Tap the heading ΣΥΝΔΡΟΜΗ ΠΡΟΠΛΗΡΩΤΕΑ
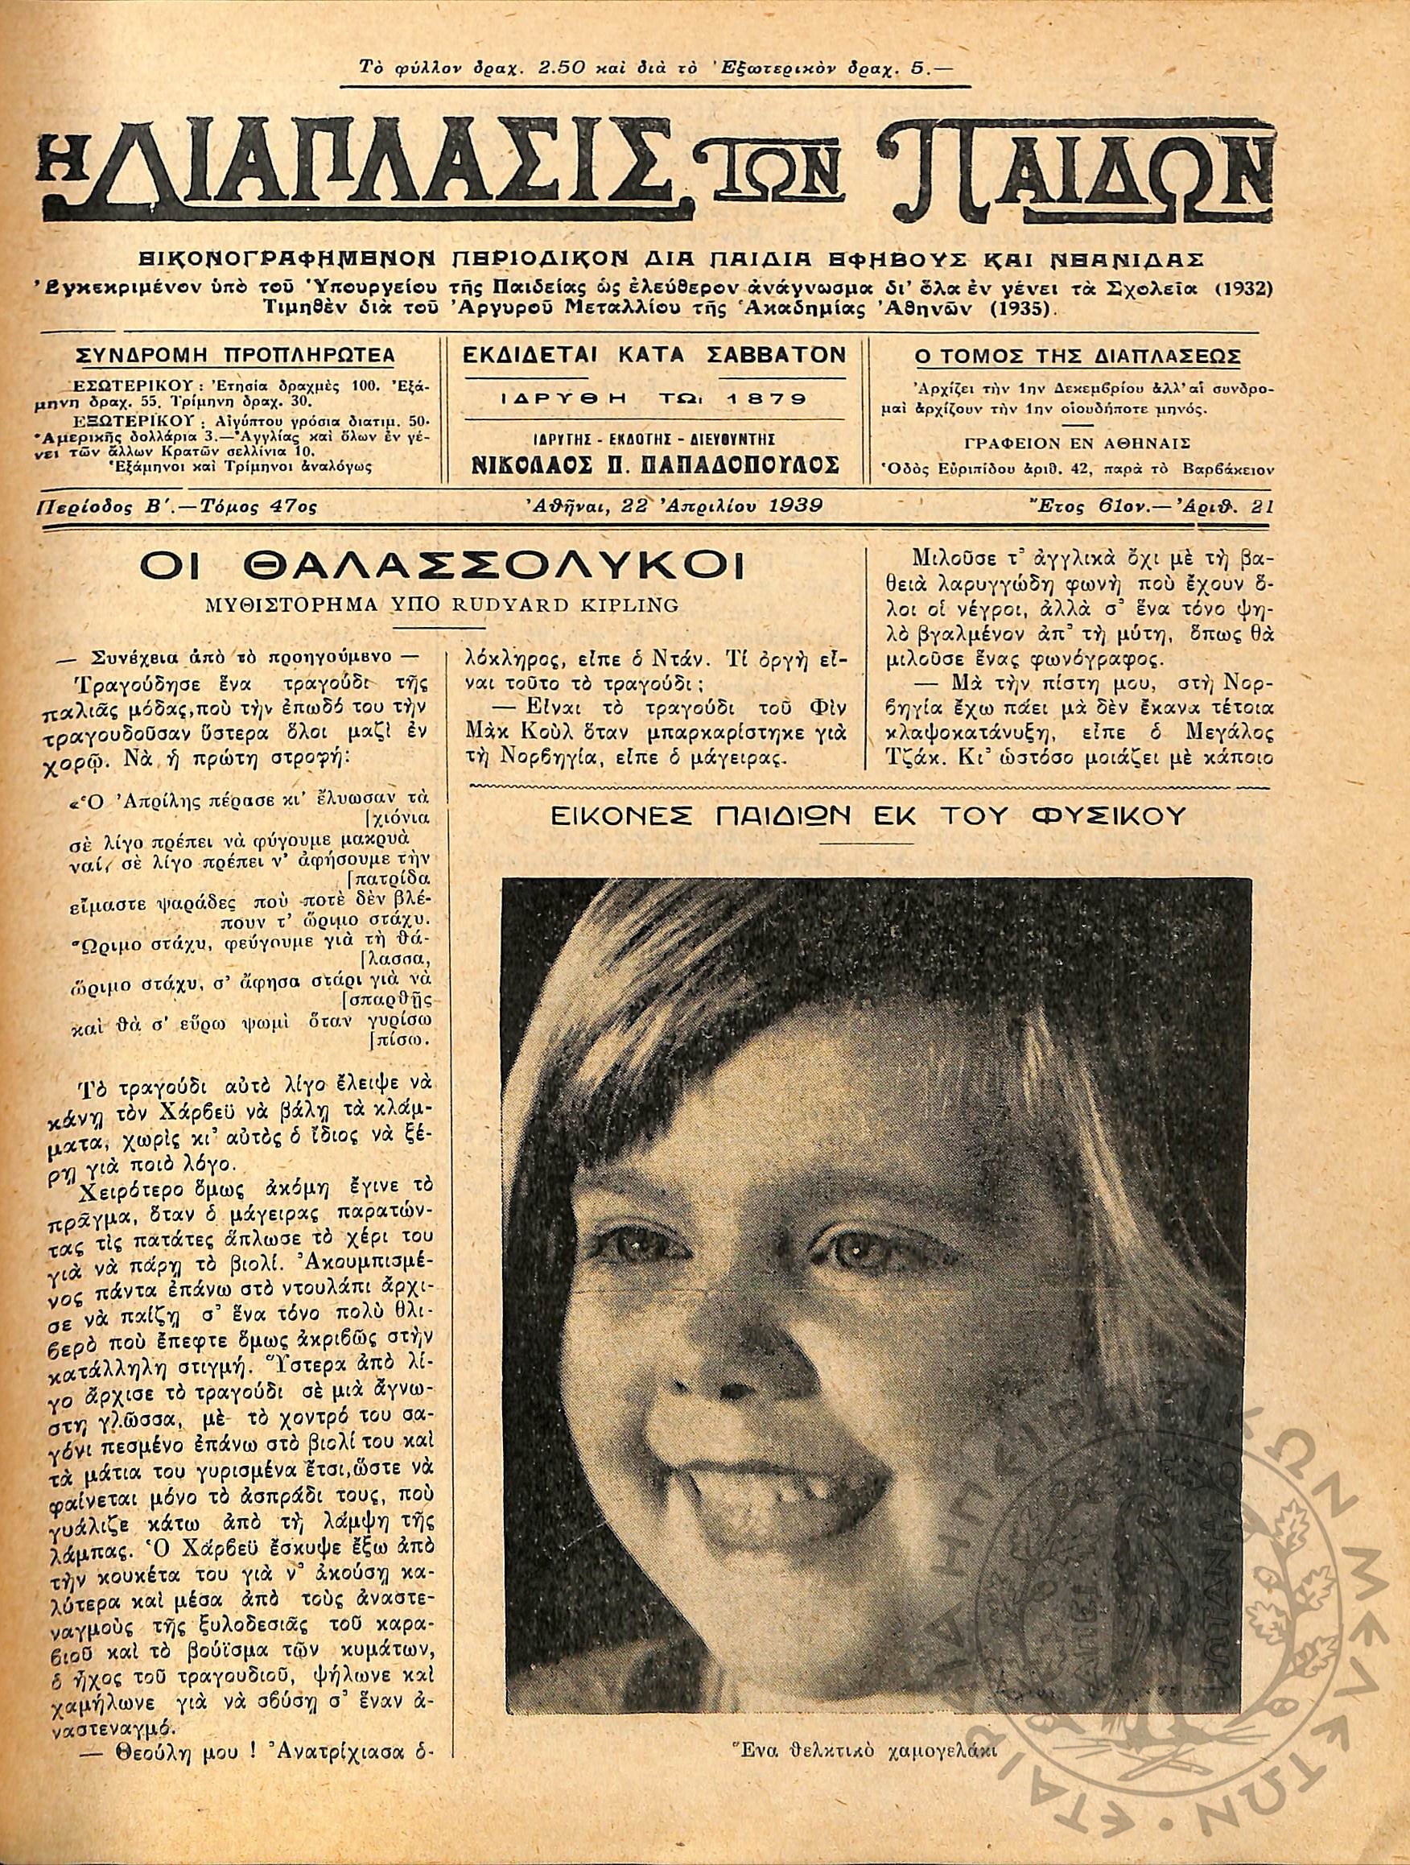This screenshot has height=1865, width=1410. click(225, 357)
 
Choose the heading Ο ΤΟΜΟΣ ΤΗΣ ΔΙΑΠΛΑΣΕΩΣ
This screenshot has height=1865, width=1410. click(1077, 357)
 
